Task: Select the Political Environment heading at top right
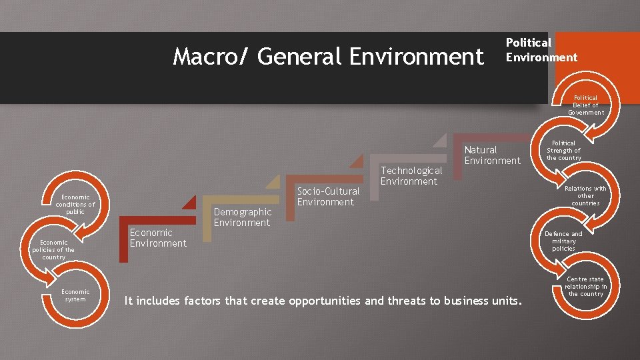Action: click(x=541, y=50)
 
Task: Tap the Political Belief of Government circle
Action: click(x=585, y=105)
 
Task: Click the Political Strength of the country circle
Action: click(x=563, y=151)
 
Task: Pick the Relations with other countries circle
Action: click(x=585, y=196)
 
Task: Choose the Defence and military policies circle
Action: click(x=563, y=241)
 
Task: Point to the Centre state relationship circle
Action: click(x=585, y=287)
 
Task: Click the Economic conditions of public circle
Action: click(x=75, y=205)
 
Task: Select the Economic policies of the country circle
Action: click(x=53, y=249)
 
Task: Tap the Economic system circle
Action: click(x=75, y=295)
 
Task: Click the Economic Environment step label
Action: click(x=158, y=238)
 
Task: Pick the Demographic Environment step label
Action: click(x=243, y=217)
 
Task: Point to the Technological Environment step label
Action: click(x=411, y=176)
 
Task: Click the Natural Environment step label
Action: click(x=492, y=155)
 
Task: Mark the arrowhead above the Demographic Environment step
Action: click(x=273, y=182)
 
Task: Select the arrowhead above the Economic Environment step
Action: click(x=189, y=203)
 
